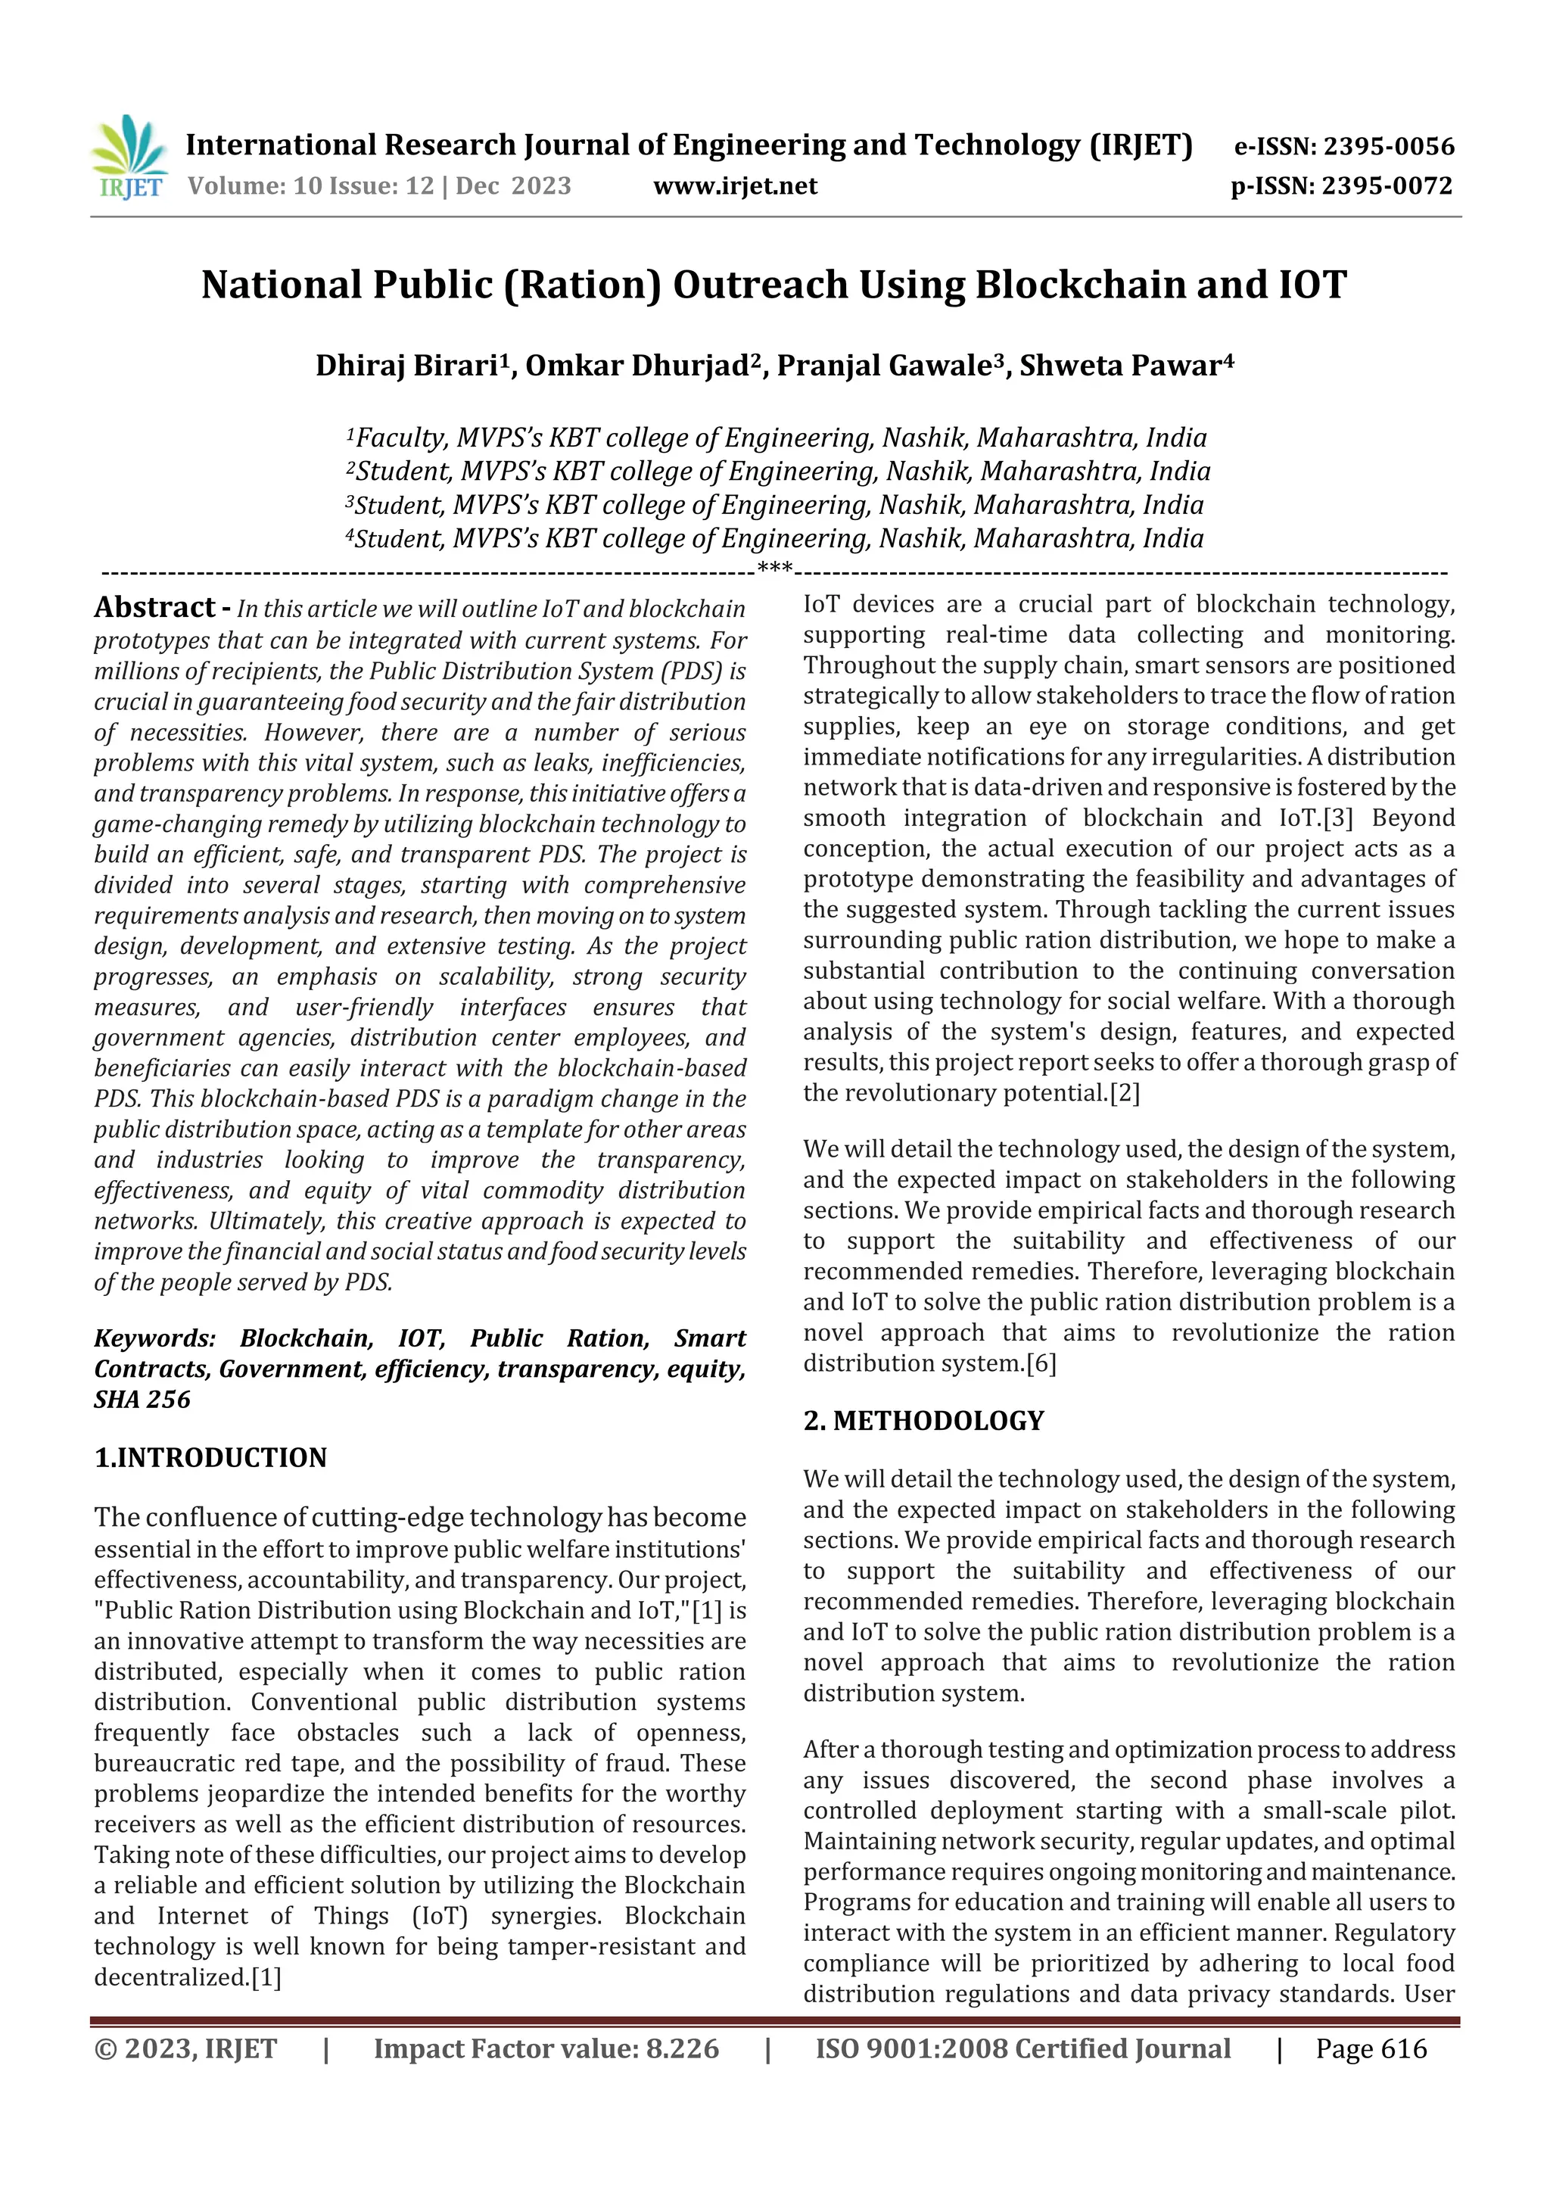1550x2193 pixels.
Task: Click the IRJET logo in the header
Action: (x=129, y=157)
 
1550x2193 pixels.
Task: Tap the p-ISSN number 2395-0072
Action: (x=1387, y=186)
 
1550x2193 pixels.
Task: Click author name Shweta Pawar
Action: (x=1123, y=366)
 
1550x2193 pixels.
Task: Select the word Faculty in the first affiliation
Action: (x=398, y=438)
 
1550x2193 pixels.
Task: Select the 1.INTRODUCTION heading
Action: (x=210, y=1457)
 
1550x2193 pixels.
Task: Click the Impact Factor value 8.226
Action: (x=682, y=2048)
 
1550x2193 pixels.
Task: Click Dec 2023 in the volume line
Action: (x=513, y=186)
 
